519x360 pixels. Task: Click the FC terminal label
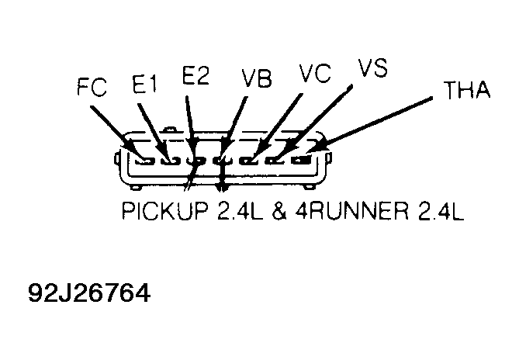[92, 87]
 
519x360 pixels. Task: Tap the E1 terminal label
[144, 84]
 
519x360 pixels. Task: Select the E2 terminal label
[195, 76]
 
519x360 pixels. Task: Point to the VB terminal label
[257, 79]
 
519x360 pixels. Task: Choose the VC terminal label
[315, 73]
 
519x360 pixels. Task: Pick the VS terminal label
[373, 67]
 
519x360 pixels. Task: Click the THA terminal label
[467, 90]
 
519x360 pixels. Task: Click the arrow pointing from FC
[117, 133]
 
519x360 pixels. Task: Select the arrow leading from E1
[154, 132]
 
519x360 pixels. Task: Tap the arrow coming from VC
[277, 126]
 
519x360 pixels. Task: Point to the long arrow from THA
[369, 125]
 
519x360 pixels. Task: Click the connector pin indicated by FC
[145, 161]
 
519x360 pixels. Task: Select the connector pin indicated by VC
[249, 161]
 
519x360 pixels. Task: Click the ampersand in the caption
[280, 211]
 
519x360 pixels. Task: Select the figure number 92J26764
[89, 292]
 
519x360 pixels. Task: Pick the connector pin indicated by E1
[170, 161]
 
